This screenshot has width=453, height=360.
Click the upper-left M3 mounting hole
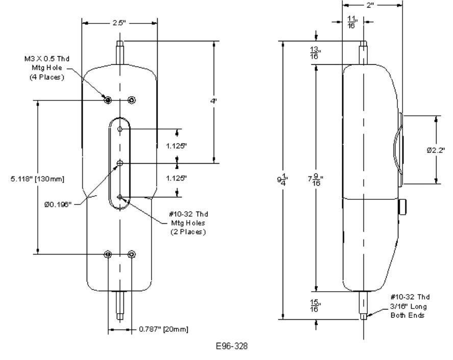tap(108, 100)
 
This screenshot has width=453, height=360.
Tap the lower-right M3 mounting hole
tap(132, 254)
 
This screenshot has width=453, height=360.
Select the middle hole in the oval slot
tap(120, 163)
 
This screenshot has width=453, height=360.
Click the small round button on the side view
tap(404, 207)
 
